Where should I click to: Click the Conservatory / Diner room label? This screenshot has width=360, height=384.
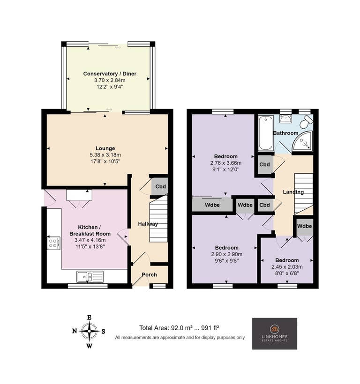point(110,74)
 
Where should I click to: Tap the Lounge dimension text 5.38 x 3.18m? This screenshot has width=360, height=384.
point(105,155)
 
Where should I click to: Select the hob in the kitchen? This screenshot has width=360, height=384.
point(53,243)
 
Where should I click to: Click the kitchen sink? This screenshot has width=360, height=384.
point(90,277)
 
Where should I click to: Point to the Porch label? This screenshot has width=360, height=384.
point(149,275)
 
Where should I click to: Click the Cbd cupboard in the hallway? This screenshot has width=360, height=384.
point(159,186)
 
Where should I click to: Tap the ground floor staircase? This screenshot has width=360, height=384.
point(158,219)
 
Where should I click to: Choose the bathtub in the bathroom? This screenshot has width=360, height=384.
point(266,133)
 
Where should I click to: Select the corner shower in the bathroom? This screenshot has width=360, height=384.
point(303,141)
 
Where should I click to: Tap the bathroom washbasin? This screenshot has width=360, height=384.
point(285,119)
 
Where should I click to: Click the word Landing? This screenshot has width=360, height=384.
point(293,192)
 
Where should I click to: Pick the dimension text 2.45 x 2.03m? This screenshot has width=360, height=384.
point(287,267)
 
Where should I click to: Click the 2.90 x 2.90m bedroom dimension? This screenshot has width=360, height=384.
point(227,254)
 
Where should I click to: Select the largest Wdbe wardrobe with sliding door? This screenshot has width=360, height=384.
point(212,205)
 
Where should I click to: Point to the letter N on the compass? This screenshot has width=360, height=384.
point(75,331)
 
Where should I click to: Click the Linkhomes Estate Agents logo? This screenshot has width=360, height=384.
point(275,333)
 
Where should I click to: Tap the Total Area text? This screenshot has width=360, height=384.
point(179,328)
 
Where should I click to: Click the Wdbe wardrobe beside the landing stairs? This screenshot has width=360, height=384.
point(304,226)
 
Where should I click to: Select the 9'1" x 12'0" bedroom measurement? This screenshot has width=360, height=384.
point(226,170)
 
